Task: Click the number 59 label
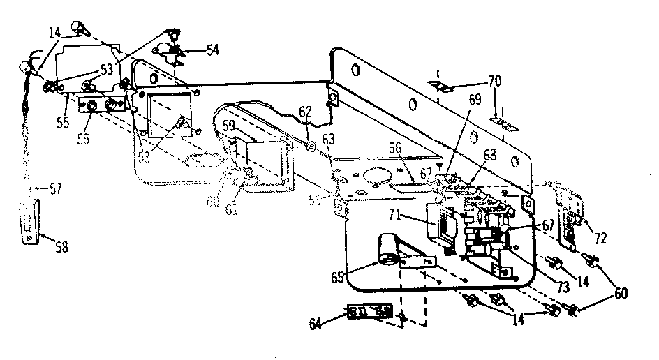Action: [x=230, y=126]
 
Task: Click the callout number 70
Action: [x=494, y=82]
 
